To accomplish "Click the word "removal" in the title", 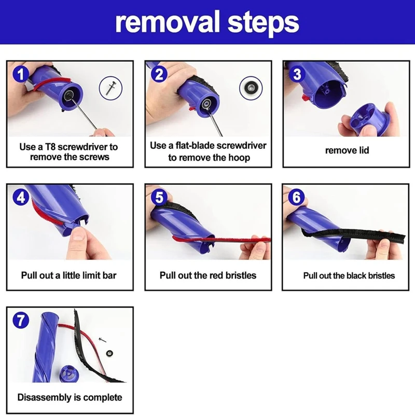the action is (x=168, y=22).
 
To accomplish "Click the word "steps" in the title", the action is (x=264, y=23).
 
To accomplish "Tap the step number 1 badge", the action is (x=21, y=74).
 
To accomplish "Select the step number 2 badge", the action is (x=159, y=74).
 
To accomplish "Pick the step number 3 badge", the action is (x=297, y=74).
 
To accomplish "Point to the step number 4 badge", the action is (x=21, y=197).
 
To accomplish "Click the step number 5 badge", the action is (x=159, y=197).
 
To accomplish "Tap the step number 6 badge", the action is (x=296, y=197).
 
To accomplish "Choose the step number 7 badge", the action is (x=21, y=320).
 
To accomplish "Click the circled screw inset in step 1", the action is (x=110, y=88).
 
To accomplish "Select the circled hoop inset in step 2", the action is (x=251, y=88).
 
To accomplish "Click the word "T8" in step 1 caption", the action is (x=50, y=147).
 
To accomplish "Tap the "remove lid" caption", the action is (x=347, y=150).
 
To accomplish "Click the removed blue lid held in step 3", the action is (x=369, y=119).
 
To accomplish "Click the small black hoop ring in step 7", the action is (x=109, y=353).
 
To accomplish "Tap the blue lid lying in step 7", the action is (x=69, y=374).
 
